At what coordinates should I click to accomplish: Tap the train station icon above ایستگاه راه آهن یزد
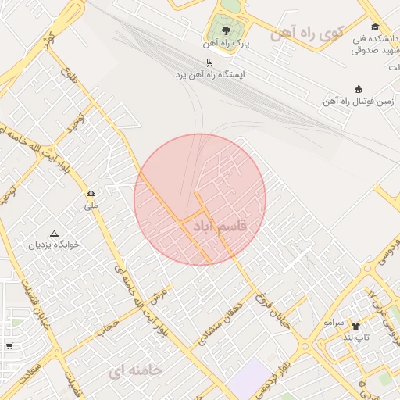pos(209,62)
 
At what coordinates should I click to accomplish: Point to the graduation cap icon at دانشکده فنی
pos(375,27)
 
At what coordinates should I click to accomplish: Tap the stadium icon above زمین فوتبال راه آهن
pos(359,89)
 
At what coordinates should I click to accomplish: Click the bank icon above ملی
pos(91,193)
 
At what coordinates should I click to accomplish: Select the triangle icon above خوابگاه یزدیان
pos(54,233)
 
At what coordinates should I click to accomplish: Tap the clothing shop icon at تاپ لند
pos(356,325)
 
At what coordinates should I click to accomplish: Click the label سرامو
pos(334,322)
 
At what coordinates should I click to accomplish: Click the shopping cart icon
pos(9,345)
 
